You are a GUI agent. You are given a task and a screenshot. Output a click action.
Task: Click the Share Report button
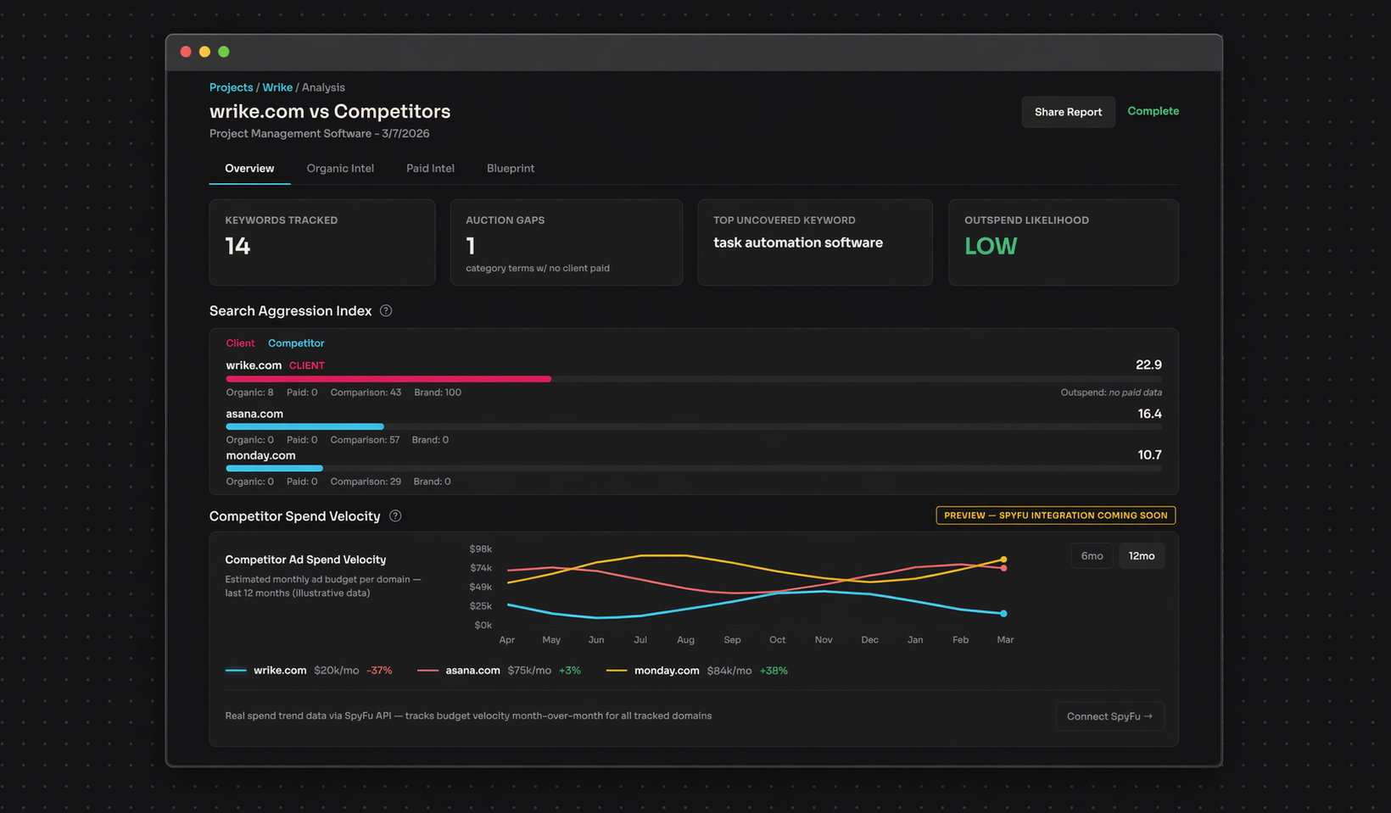coord(1067,112)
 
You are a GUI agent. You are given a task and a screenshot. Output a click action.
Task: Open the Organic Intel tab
coord(340,169)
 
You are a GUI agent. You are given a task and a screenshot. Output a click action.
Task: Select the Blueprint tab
coord(510,169)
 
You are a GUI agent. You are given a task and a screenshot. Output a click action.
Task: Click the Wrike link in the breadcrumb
coord(277,87)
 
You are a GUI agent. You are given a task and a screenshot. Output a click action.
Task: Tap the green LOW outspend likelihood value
coord(990,247)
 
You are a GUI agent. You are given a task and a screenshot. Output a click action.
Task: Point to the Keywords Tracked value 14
coord(237,247)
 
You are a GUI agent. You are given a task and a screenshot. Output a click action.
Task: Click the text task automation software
coord(797,242)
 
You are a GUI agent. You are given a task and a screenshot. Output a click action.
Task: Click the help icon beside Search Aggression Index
coord(386,311)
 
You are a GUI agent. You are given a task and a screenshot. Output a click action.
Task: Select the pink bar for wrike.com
coord(388,379)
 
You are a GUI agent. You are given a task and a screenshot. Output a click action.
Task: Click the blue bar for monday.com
coord(274,468)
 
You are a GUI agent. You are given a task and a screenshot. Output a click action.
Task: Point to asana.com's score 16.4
coord(1149,414)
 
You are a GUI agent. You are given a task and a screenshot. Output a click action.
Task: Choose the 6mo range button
coord(1092,556)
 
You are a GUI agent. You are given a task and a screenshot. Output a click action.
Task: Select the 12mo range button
coord(1141,556)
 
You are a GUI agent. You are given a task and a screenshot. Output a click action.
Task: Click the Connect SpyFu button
coord(1109,716)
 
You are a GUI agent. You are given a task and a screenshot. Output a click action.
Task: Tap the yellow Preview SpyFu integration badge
coord(1055,515)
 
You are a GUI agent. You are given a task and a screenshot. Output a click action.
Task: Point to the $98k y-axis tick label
coord(480,549)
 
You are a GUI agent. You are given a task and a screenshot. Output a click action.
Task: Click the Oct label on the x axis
coord(777,640)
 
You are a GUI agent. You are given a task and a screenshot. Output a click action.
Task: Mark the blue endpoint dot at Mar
coord(1003,613)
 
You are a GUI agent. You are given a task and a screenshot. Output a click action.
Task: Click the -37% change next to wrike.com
coord(379,671)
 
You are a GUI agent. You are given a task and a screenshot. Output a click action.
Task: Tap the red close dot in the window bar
coord(186,52)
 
